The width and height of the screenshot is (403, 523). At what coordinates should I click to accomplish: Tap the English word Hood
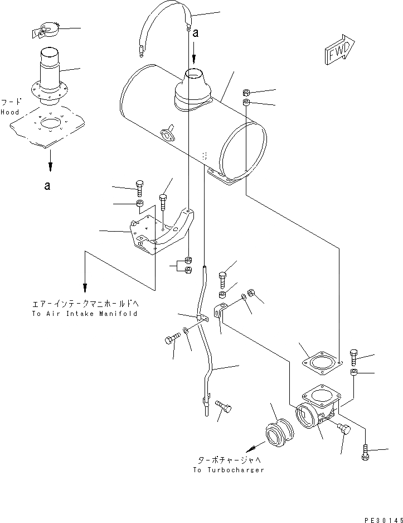[9, 112]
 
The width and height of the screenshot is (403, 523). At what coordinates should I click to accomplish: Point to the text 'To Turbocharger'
[229, 470]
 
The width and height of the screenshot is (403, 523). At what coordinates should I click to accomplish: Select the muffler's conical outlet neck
[193, 87]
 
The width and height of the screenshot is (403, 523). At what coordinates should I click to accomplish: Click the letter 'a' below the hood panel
[48, 186]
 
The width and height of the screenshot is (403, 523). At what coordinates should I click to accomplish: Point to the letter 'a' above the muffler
[195, 33]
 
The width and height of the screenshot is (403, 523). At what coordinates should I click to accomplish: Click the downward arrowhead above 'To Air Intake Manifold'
[85, 287]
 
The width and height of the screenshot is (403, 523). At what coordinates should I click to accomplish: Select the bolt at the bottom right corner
[365, 452]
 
